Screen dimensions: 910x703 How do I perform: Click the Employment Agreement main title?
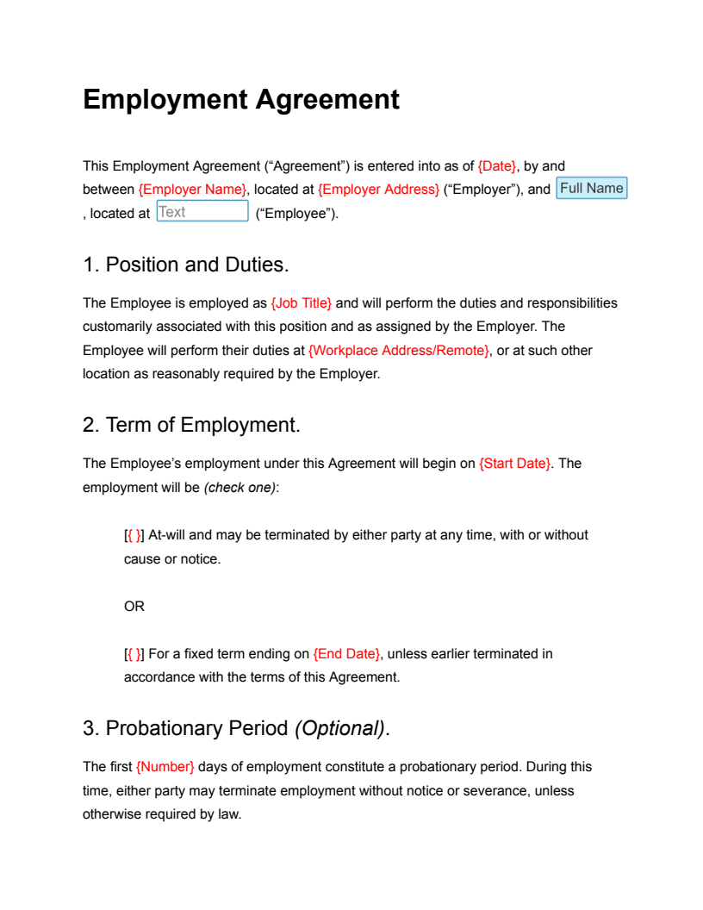tap(241, 100)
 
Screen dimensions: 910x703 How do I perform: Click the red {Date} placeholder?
tap(497, 165)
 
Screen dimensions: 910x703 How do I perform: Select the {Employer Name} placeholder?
tap(192, 190)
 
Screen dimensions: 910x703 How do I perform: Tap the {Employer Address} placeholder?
tap(378, 190)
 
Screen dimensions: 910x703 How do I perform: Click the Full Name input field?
tap(592, 189)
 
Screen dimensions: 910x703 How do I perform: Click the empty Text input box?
tap(202, 212)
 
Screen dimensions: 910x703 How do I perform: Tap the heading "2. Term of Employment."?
tap(191, 425)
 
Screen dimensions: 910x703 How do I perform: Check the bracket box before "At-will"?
tap(134, 536)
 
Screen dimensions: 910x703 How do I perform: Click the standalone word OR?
tap(134, 607)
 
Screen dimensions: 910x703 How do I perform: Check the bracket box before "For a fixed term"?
tap(134, 654)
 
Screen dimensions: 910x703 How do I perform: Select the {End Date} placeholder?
tap(346, 654)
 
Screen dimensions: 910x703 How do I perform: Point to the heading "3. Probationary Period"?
tap(185, 728)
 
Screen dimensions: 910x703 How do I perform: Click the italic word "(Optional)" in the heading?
tap(339, 728)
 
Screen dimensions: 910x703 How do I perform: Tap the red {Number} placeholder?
tap(165, 767)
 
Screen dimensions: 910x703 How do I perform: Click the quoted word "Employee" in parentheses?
tap(296, 214)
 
